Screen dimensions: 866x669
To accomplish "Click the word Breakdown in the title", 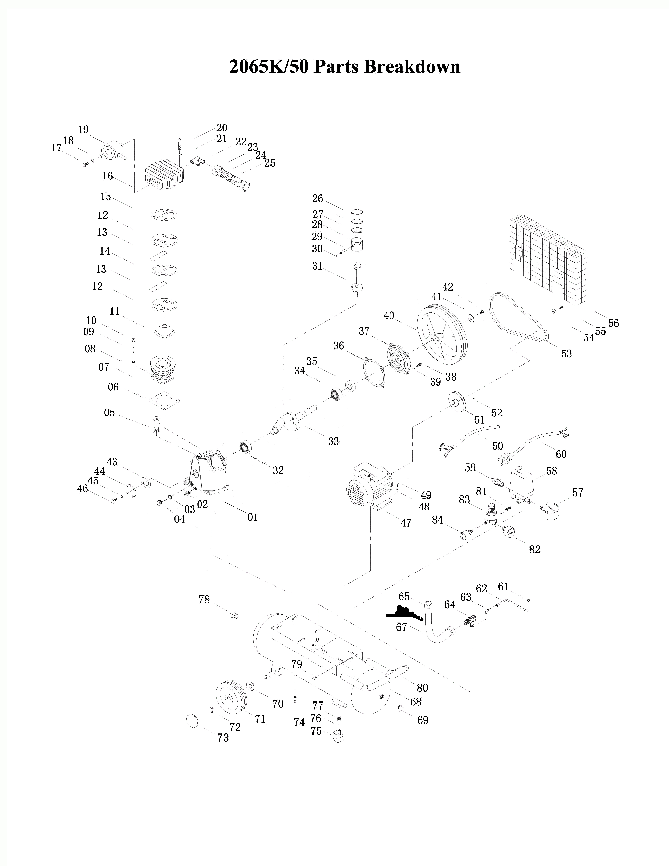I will coord(412,67).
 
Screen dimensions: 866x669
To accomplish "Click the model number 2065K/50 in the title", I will coord(269,67).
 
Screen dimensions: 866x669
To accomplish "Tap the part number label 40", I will coord(389,316).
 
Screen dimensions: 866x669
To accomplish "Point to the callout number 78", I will coord(204,600).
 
